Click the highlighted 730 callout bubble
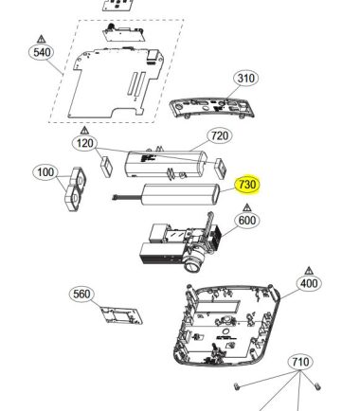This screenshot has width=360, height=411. click(x=247, y=185)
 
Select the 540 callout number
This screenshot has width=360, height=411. click(x=42, y=52)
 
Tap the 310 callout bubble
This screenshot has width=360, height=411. click(x=245, y=78)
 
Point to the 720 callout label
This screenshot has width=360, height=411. click(x=220, y=136)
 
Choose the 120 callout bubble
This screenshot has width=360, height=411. click(x=85, y=144)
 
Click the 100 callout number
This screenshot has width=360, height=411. click(x=45, y=172)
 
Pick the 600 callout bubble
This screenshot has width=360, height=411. click(x=247, y=221)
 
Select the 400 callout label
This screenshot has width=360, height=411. click(x=309, y=283)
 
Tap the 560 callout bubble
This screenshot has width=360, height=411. click(x=81, y=295)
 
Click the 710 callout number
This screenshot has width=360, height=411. click(x=300, y=362)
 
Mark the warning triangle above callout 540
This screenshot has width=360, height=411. click(x=42, y=39)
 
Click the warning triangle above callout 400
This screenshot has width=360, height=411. click(x=309, y=271)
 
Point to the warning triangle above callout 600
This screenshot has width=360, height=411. click(x=247, y=207)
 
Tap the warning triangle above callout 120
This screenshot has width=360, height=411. click(x=84, y=130)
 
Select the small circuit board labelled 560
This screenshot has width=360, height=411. click(x=121, y=315)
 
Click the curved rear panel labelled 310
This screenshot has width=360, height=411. click(x=212, y=108)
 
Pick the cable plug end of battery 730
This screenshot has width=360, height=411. click(x=115, y=198)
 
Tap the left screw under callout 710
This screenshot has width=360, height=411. click(x=237, y=385)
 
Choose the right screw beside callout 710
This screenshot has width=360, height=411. click(x=317, y=385)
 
